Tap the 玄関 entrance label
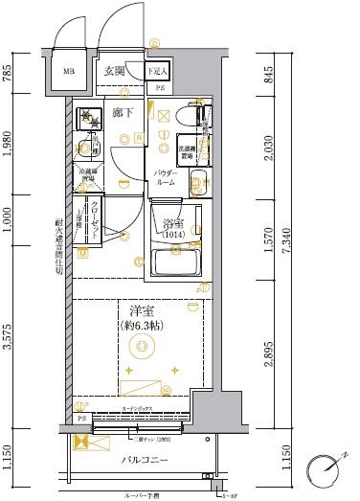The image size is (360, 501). point(116,70)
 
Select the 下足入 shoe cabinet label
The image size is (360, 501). point(158,71)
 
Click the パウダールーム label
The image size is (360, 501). point(170,177)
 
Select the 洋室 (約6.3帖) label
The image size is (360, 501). point(145,317)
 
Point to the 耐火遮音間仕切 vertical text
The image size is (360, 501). point(58,245)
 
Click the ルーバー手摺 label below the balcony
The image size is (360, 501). point(145,495)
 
